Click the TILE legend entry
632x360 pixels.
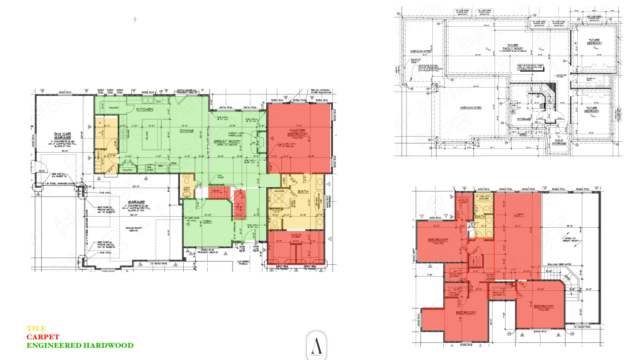point(36,328)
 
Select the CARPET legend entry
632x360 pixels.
point(43,337)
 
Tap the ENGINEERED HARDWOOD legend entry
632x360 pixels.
point(80,345)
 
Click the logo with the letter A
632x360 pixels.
point(316,345)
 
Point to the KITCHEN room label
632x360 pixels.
point(145,109)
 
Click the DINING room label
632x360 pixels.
point(187,131)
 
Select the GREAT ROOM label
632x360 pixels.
point(227,142)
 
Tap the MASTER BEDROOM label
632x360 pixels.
point(297,132)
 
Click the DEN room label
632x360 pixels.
point(207,221)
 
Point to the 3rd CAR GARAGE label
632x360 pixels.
point(62,136)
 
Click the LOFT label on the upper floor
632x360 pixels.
point(519,215)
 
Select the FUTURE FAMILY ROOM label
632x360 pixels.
point(513,47)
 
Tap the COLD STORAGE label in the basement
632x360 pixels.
point(559,142)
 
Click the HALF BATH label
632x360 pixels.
point(187,189)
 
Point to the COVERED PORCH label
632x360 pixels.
point(243,263)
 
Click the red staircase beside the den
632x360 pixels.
point(239,204)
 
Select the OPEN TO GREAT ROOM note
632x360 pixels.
point(571,239)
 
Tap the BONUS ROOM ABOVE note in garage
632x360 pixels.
point(134,229)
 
